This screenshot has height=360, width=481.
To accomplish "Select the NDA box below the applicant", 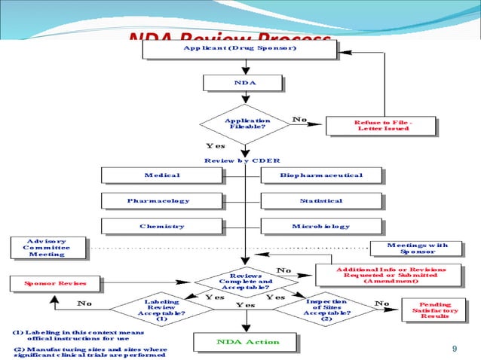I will [x=242, y=83].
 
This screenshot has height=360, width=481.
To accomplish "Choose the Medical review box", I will [x=161, y=175].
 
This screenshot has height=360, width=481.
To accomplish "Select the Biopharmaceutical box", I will [x=321, y=175].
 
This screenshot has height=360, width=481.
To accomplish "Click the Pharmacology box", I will [x=161, y=201].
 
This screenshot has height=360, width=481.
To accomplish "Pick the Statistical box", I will [x=321, y=201].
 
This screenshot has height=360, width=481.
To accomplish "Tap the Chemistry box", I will [x=161, y=227].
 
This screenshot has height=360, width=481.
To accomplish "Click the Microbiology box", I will [x=321, y=227].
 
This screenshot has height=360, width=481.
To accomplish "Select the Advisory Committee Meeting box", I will [x=47, y=247].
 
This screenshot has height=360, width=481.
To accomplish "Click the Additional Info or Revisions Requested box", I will [x=390, y=275].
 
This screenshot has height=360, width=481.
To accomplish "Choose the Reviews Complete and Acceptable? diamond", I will [x=246, y=282].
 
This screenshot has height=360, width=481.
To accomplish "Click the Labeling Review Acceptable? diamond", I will [x=161, y=310].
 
